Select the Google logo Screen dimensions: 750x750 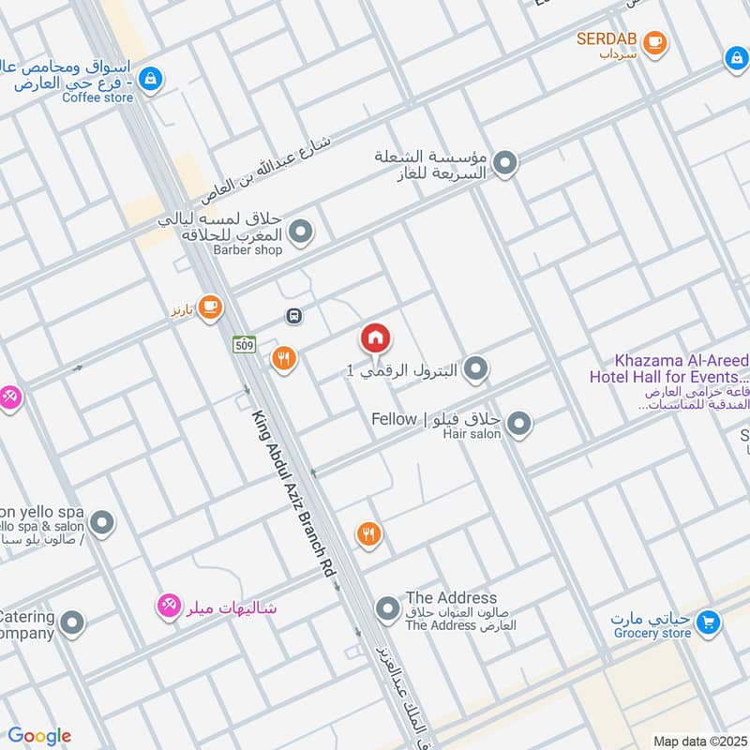pos(39,736)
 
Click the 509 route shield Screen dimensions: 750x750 pos(244,345)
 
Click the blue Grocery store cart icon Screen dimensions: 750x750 pos(709,621)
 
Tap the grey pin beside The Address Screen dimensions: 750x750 pos(387,611)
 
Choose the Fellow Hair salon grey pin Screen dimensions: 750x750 pos(519,425)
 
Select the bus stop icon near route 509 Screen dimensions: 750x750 pos(294,317)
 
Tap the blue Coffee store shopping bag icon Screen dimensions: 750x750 pos(149,81)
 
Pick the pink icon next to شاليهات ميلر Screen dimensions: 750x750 pos(169,607)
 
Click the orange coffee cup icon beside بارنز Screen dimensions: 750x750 pos(210,307)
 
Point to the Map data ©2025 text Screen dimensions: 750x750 pos(697,741)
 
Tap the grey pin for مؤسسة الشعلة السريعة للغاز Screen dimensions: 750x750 pos(505,165)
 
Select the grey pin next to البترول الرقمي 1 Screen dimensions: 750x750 pos(476,369)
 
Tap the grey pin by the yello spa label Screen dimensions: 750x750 pos(102,523)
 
